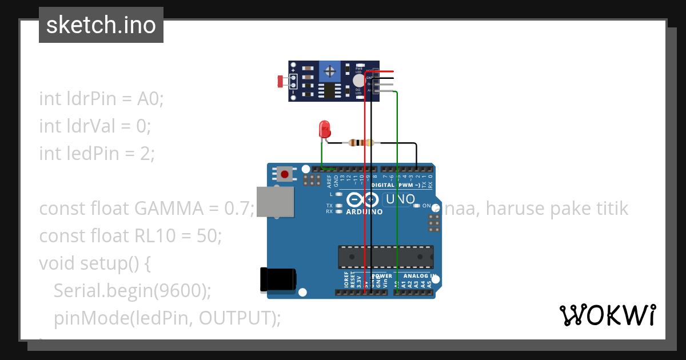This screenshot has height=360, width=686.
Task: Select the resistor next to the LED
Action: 360,143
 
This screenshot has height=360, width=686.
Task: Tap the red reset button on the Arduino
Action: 285,174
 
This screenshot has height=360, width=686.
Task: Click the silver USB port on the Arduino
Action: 275,201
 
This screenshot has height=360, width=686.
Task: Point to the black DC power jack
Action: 278,279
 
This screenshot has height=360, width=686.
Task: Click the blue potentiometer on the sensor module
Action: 329,71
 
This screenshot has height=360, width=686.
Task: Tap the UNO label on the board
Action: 399,199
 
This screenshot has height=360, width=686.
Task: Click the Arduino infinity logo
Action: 362,199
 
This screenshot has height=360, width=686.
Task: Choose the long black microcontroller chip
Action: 385,257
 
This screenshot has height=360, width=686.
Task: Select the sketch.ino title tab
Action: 101,25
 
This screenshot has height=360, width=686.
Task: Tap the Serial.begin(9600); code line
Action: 133,291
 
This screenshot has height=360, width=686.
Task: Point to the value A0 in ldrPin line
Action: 149,98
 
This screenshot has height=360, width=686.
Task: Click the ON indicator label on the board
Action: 426,205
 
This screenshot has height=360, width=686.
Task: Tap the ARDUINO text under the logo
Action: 365,211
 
